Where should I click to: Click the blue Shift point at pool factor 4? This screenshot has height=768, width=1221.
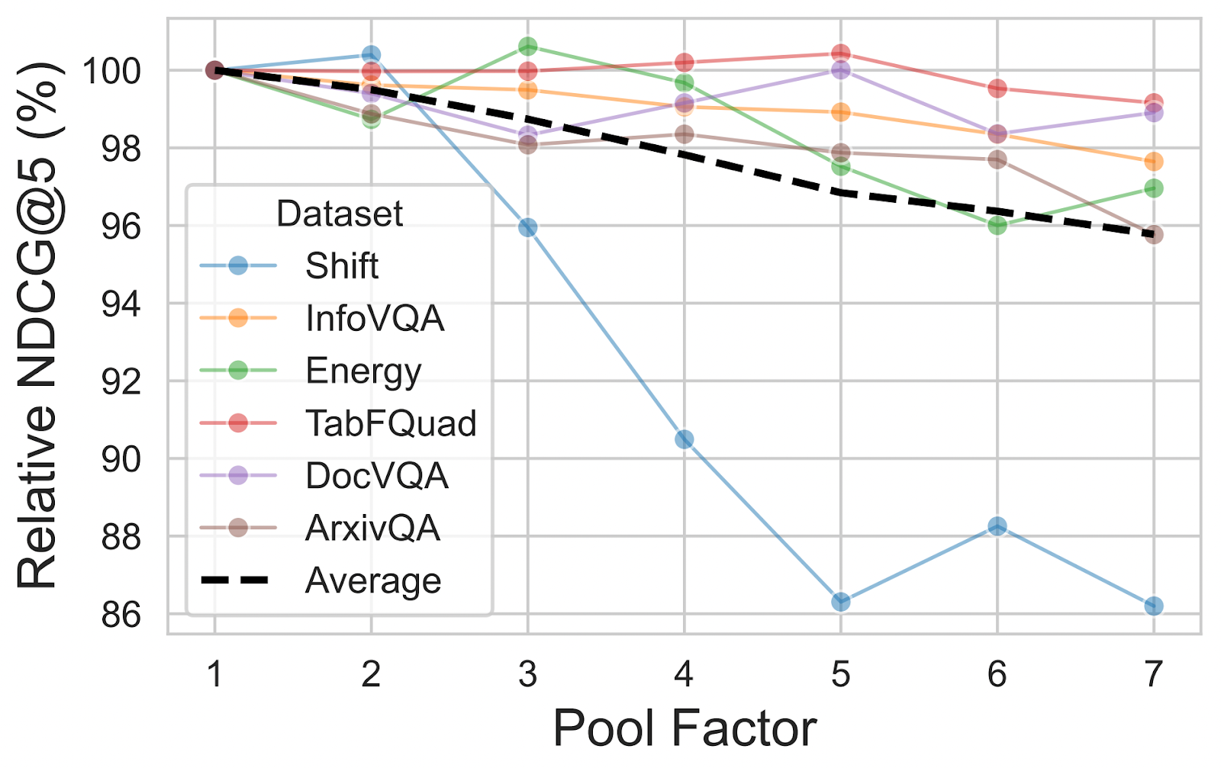pos(684,439)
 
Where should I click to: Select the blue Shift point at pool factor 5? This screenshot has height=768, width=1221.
pos(840,602)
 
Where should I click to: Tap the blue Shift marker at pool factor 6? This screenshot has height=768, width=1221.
pos(997,526)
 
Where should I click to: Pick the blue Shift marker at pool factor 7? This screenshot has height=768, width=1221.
pos(1153,606)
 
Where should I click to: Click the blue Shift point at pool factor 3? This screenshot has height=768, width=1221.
pos(527,227)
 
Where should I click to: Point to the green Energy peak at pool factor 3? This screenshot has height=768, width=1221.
pos(527,47)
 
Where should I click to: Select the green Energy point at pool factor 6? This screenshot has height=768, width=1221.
pos(997,225)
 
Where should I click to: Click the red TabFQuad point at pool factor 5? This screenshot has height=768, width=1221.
pos(840,53)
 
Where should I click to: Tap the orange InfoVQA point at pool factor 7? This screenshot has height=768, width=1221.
pos(1153,162)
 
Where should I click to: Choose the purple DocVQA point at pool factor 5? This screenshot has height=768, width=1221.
pos(840,70)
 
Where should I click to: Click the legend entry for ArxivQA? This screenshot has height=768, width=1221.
pos(372,528)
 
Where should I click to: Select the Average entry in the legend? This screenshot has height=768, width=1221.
pos(372,581)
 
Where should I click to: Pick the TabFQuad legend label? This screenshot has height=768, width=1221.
pos(391,423)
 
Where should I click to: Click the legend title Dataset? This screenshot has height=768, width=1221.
pos(339,214)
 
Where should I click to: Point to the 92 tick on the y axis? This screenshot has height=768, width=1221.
pos(121,381)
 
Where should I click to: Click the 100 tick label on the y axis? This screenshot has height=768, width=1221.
pos(111,71)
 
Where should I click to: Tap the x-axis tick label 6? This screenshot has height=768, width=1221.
pos(997,674)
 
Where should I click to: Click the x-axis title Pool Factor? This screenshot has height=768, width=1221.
pos(685,728)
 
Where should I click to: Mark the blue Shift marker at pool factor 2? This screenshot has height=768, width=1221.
pos(371,55)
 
